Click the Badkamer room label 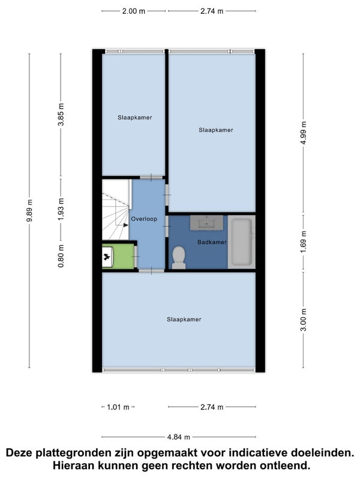pyautogui.click(x=212, y=242)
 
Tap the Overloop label pyautogui.click(x=144, y=219)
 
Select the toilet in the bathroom pyautogui.click(x=179, y=258)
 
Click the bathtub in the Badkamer pyautogui.click(x=242, y=242)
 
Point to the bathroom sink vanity pyautogui.click(x=206, y=223)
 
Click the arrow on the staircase pyautogui.click(x=125, y=226)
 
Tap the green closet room pyautogui.click(x=118, y=256)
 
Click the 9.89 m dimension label pyautogui.click(x=29, y=211)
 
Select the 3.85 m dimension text pyautogui.click(x=61, y=115)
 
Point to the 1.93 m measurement pyautogui.click(x=61, y=209)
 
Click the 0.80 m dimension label pyautogui.click(x=61, y=256)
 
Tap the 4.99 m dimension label pyautogui.click(x=303, y=133)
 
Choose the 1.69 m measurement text pyautogui.click(x=303, y=242)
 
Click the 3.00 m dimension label pyautogui.click(x=303, y=320)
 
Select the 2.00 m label pyautogui.click(x=134, y=11)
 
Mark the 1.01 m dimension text pyautogui.click(x=118, y=407)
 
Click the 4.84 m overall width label pyautogui.click(x=178, y=437)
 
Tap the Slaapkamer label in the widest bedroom pyautogui.click(x=184, y=319)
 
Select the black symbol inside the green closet pyautogui.click(x=107, y=257)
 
